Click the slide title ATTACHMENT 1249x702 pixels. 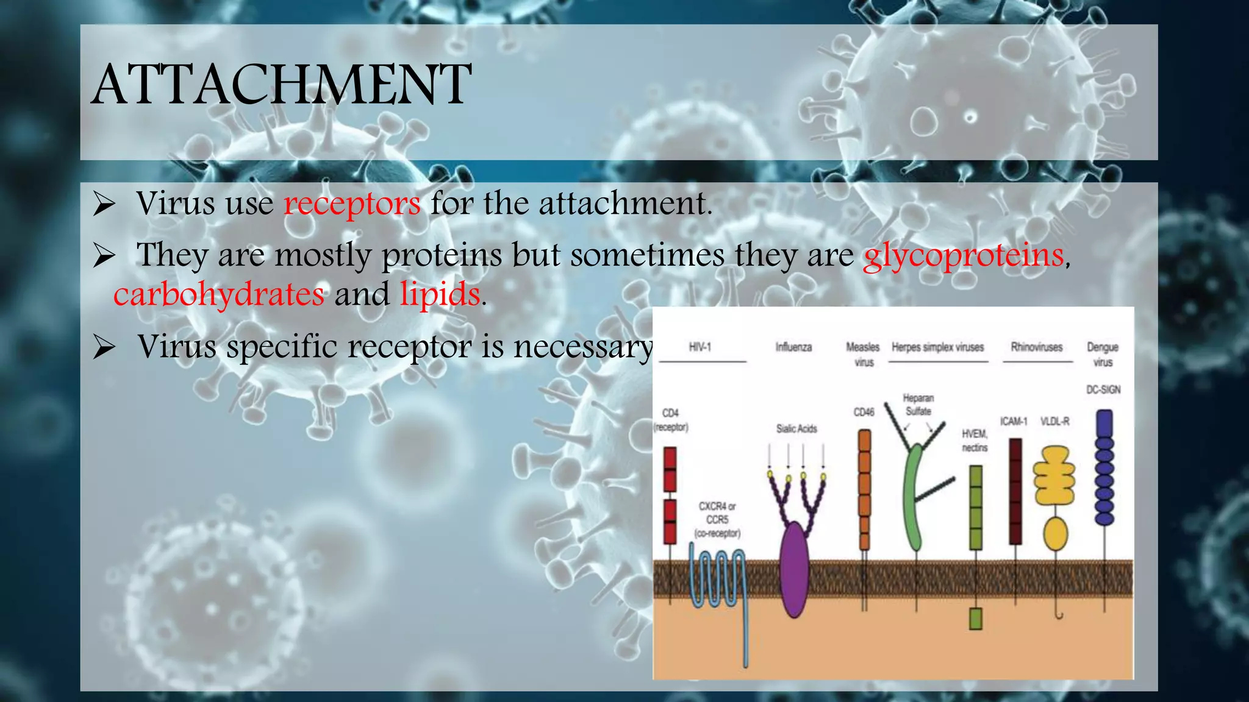pyautogui.click(x=282, y=85)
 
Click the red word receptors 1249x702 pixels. pyautogui.click(x=352, y=203)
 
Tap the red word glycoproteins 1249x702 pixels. pyautogui.click(x=964, y=255)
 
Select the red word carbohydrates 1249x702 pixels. pyautogui.click(x=219, y=294)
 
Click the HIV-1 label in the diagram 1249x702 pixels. pyautogui.click(x=700, y=347)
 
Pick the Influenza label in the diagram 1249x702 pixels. pyautogui.click(x=793, y=347)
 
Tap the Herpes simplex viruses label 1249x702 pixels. pyautogui.click(x=937, y=347)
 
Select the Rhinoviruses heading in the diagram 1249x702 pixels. pyautogui.click(x=1037, y=347)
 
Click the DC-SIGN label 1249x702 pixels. pyautogui.click(x=1103, y=390)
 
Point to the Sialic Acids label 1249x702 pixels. pyautogui.click(x=796, y=429)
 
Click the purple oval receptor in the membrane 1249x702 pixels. pyautogui.click(x=795, y=568)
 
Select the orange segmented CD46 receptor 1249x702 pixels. pyautogui.click(x=864, y=487)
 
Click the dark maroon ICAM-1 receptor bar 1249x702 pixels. pyautogui.click(x=1015, y=491)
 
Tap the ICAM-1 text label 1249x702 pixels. pyautogui.click(x=1014, y=422)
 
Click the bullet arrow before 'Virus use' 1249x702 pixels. pyautogui.click(x=104, y=205)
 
